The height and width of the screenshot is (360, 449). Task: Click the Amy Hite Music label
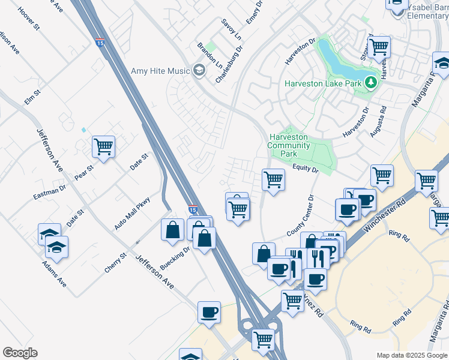(x=160, y=71)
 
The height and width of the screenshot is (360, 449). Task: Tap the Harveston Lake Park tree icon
(x=371, y=82)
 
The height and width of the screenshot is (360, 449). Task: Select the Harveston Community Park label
(x=289, y=145)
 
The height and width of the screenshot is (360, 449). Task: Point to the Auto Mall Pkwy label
(x=132, y=213)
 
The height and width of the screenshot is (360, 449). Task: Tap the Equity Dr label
(x=306, y=170)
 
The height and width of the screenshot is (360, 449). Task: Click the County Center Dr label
(x=301, y=215)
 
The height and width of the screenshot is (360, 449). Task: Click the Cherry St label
(x=116, y=263)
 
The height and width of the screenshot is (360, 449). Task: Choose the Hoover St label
(x=28, y=19)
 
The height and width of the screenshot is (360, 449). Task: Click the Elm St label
(x=32, y=97)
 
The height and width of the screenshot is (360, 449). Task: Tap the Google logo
(x=20, y=353)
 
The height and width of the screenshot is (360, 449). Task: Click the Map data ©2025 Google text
(x=411, y=355)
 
